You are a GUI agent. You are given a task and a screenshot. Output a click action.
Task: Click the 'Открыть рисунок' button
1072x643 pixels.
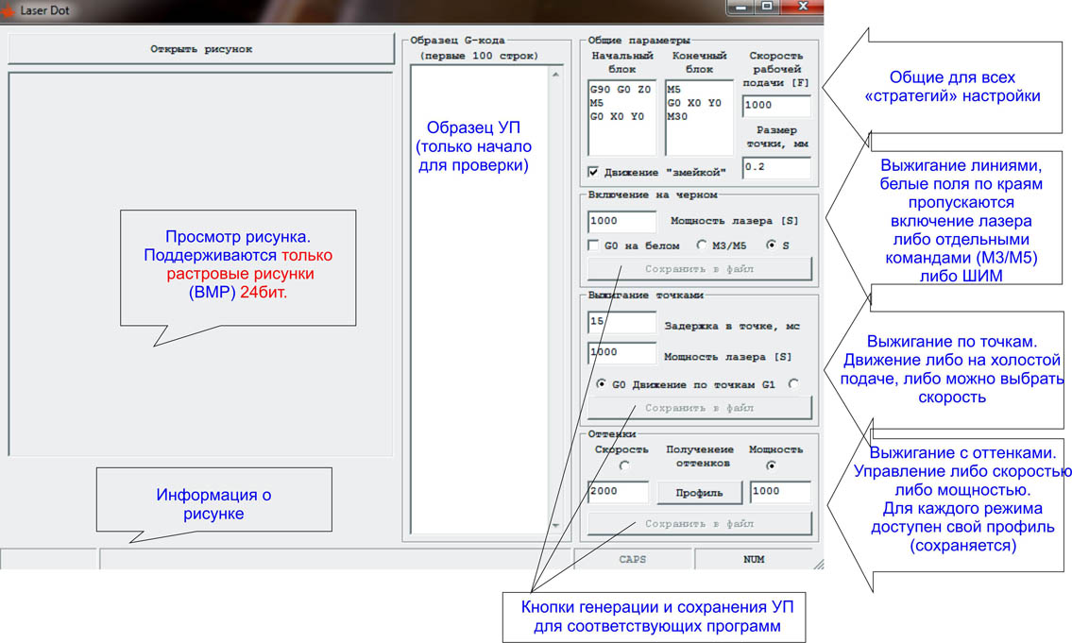(x=201, y=49)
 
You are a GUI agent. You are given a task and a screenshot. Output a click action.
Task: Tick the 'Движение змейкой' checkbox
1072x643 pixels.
(x=593, y=172)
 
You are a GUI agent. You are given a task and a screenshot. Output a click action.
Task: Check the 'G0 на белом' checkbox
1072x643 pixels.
(x=593, y=245)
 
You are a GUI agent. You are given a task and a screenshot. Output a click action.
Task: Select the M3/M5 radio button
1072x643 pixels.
(x=702, y=245)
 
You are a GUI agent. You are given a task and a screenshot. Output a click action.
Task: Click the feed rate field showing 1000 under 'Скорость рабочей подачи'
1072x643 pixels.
(x=776, y=105)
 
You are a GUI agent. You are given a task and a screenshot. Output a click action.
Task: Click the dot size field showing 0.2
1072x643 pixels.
(x=776, y=167)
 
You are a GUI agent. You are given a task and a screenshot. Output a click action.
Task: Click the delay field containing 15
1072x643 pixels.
(x=621, y=322)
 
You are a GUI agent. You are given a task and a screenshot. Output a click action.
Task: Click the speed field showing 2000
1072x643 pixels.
(x=618, y=491)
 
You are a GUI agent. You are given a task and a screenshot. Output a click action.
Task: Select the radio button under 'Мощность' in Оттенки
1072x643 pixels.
(x=772, y=465)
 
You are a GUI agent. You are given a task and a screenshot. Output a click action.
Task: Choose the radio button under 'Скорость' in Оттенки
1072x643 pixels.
(x=623, y=465)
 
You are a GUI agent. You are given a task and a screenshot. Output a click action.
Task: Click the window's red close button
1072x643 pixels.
(x=803, y=7)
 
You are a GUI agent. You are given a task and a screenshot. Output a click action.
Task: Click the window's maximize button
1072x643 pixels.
(x=767, y=7)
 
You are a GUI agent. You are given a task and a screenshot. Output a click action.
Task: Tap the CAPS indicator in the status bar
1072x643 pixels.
(x=633, y=559)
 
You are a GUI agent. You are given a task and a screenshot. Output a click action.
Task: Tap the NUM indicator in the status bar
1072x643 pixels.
(x=754, y=559)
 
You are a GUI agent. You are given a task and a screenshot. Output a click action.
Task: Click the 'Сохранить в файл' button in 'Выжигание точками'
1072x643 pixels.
(x=700, y=408)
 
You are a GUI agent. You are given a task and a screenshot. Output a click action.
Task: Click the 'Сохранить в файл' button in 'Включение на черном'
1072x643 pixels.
(x=700, y=269)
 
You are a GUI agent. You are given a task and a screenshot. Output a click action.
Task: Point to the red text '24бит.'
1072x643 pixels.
(x=264, y=293)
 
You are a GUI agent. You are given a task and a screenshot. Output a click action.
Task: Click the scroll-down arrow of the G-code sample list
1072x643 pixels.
(x=555, y=526)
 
